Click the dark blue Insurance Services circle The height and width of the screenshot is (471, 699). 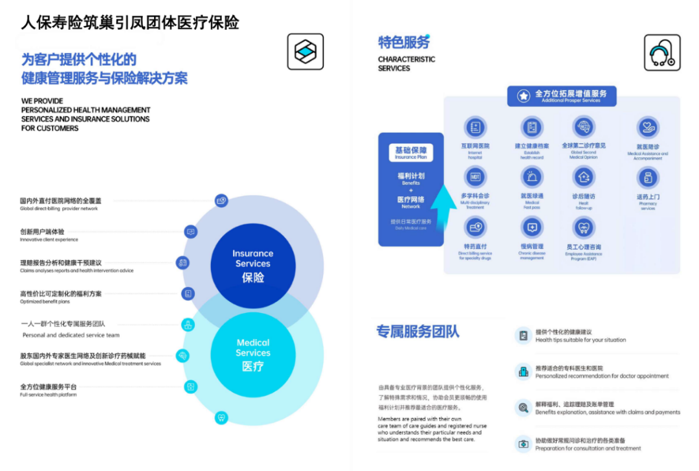click(x=252, y=265)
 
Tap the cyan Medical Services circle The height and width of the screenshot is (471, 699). click(x=252, y=354)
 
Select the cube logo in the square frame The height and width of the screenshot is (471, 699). click(x=305, y=52)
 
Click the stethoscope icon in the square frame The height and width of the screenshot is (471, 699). click(x=661, y=52)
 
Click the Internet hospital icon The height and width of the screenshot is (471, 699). click(x=475, y=128)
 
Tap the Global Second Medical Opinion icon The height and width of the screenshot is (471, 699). click(x=584, y=126)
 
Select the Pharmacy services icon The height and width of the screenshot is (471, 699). click(x=647, y=178)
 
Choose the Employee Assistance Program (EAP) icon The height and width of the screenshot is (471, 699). click(x=584, y=227)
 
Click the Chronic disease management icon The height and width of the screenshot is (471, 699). click(x=532, y=227)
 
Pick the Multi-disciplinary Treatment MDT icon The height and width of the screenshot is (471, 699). click(x=475, y=177)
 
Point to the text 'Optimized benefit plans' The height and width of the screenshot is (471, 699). click(x=45, y=302)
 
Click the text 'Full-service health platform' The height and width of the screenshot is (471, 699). click(x=49, y=395)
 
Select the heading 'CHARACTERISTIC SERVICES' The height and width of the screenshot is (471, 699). click(x=406, y=63)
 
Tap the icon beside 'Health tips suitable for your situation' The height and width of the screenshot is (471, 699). click(x=522, y=336)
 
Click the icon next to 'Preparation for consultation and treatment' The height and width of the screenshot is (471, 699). click(x=522, y=444)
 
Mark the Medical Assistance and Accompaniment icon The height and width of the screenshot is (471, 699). click(x=647, y=127)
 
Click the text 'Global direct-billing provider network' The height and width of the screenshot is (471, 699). click(x=59, y=209)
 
